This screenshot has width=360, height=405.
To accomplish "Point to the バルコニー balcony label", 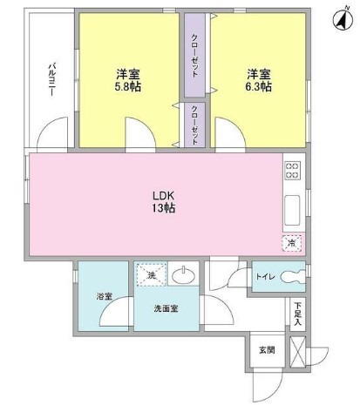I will (x=53, y=80).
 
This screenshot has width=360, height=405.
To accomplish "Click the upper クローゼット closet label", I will (x=194, y=56).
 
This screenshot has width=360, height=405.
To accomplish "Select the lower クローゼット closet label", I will (x=194, y=124).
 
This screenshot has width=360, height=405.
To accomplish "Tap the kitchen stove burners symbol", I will (x=292, y=170).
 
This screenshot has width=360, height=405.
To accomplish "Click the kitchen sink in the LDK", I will (x=293, y=209).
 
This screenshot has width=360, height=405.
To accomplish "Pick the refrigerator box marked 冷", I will (x=292, y=245).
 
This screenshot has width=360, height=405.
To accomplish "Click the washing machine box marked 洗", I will (x=150, y=276).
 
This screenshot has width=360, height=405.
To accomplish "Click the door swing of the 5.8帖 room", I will (x=138, y=135).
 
